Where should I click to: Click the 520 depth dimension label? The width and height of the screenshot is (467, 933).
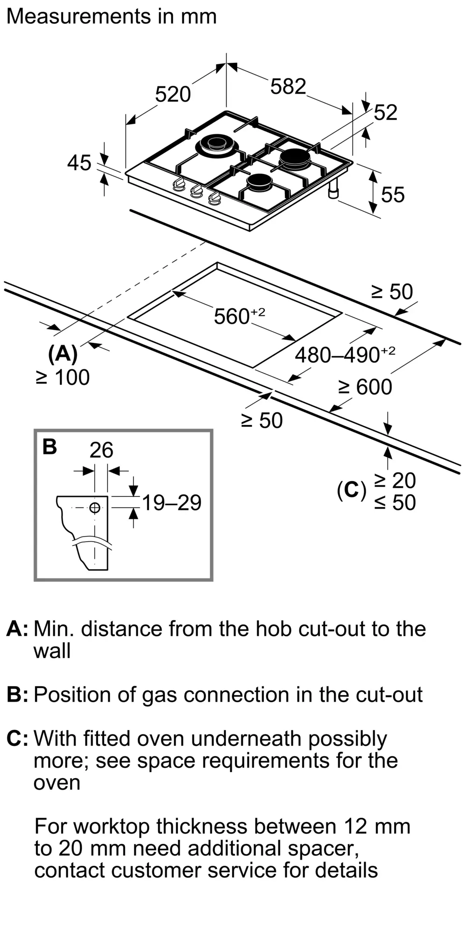tap(173, 94)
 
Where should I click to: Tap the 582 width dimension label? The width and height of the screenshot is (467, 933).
tap(288, 86)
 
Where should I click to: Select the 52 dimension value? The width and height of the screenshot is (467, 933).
tap(386, 112)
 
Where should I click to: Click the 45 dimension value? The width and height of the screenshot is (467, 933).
tap(79, 163)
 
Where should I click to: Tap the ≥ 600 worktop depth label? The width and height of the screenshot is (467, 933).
tap(365, 387)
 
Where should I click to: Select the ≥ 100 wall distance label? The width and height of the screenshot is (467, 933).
tap(63, 377)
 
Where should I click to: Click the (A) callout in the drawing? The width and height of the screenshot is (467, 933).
tap(63, 354)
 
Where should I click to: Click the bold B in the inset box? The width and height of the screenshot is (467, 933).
tap(50, 446)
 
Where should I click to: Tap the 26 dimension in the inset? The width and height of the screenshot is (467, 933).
tap(101, 450)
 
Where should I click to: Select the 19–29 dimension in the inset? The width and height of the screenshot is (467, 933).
tap(171, 502)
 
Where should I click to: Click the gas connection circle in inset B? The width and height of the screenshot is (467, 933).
tap(95, 508)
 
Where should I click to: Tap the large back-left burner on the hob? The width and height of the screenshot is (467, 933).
tap(217, 146)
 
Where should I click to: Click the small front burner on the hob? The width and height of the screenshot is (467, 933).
tap(260, 181)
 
